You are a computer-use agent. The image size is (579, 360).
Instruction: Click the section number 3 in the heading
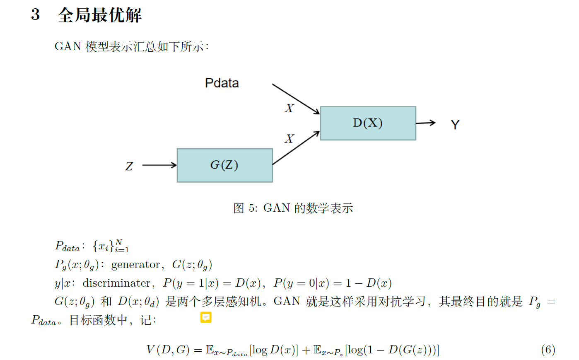click(36, 14)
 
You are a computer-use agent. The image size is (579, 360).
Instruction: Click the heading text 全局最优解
click(100, 15)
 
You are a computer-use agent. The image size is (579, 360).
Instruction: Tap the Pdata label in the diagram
click(222, 83)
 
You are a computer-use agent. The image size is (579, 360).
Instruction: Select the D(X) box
click(368, 123)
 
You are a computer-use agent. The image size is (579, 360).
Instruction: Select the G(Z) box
click(224, 165)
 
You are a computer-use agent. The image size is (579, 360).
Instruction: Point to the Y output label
click(455, 125)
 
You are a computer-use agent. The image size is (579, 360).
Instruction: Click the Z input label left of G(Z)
click(129, 167)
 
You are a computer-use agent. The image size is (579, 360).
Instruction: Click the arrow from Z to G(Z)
click(159, 165)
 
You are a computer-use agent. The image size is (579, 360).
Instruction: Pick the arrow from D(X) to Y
click(425, 123)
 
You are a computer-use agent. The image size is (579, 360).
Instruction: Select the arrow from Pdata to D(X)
click(295, 99)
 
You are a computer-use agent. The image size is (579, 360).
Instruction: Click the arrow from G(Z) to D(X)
click(296, 148)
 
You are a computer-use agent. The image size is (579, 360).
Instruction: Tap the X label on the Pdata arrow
click(289, 109)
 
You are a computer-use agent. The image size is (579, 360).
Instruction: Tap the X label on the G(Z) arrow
click(289, 139)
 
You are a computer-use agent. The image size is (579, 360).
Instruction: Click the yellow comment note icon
click(206, 317)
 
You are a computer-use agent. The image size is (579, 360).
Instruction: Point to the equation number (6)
click(548, 350)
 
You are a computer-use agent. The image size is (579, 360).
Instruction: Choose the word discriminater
click(117, 283)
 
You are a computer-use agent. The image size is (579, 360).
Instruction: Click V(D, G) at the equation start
click(168, 350)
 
